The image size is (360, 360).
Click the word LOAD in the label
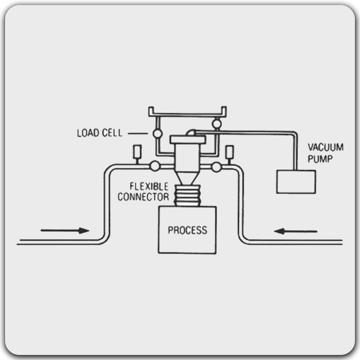pos(88,133)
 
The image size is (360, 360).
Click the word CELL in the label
pos(112,133)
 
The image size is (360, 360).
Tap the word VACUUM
pos(325,147)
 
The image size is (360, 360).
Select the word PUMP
pos(320,159)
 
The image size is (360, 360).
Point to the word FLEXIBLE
pos(149,186)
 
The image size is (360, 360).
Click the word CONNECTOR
pos(144,197)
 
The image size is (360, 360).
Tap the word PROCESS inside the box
pos(188,230)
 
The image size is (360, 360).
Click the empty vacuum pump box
pos(296,182)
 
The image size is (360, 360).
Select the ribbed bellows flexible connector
pos(187,195)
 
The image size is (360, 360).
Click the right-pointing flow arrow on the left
pos(65,230)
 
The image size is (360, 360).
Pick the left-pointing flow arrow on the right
pos(296,231)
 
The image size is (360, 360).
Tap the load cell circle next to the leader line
pos(158,134)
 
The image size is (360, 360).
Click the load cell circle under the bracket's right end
pos(216,124)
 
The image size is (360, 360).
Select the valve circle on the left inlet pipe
pos(155,166)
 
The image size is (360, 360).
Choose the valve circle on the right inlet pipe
pos(216,167)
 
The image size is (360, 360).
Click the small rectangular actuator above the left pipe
pos(137,152)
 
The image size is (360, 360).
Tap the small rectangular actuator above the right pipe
pos(230,152)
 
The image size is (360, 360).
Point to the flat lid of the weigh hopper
pos(188,140)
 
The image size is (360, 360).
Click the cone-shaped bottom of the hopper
pos(188,178)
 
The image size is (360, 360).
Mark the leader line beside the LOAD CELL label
pos(138,134)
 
